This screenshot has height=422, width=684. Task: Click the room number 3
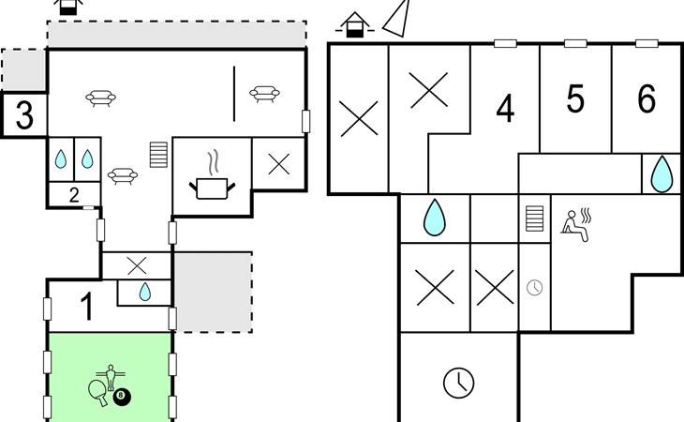[x=24, y=115]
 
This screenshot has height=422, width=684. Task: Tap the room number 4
[x=505, y=109]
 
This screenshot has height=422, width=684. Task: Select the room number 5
[x=575, y=99]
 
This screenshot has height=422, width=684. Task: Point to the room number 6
[x=647, y=98]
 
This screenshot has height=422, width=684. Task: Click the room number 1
[x=88, y=307]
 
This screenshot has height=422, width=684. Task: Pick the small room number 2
[x=74, y=195]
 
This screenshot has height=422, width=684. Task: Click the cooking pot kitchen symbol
[x=212, y=175]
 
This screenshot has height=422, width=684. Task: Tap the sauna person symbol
[x=576, y=225]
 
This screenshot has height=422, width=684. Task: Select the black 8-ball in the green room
[x=122, y=397]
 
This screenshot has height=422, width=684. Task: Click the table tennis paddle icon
[x=97, y=391]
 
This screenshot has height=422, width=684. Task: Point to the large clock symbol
[x=458, y=383]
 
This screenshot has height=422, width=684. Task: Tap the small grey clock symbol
[x=535, y=288]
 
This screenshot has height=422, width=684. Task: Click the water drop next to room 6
[x=662, y=174]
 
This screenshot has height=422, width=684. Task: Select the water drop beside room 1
[x=145, y=292]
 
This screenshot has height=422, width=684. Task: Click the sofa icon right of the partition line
[x=264, y=94]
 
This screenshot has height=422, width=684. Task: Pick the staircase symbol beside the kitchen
[x=158, y=155]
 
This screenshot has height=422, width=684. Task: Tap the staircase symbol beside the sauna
[x=535, y=219]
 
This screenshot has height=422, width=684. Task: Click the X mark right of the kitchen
[x=278, y=164]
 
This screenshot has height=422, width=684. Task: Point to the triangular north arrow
[x=396, y=18]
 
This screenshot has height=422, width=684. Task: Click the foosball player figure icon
[x=111, y=376]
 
